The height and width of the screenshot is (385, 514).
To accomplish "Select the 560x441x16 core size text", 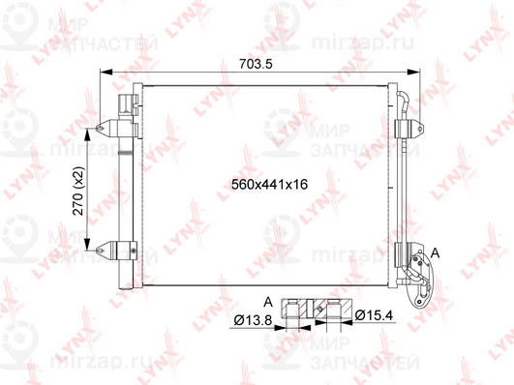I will (x=257, y=185).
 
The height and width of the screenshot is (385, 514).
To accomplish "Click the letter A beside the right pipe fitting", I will (x=434, y=252).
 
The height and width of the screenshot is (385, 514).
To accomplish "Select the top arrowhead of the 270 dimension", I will (x=94, y=131).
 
